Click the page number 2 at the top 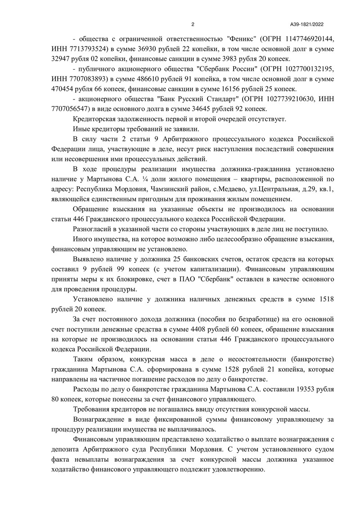coord(193,24)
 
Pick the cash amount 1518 coord(326,299)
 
